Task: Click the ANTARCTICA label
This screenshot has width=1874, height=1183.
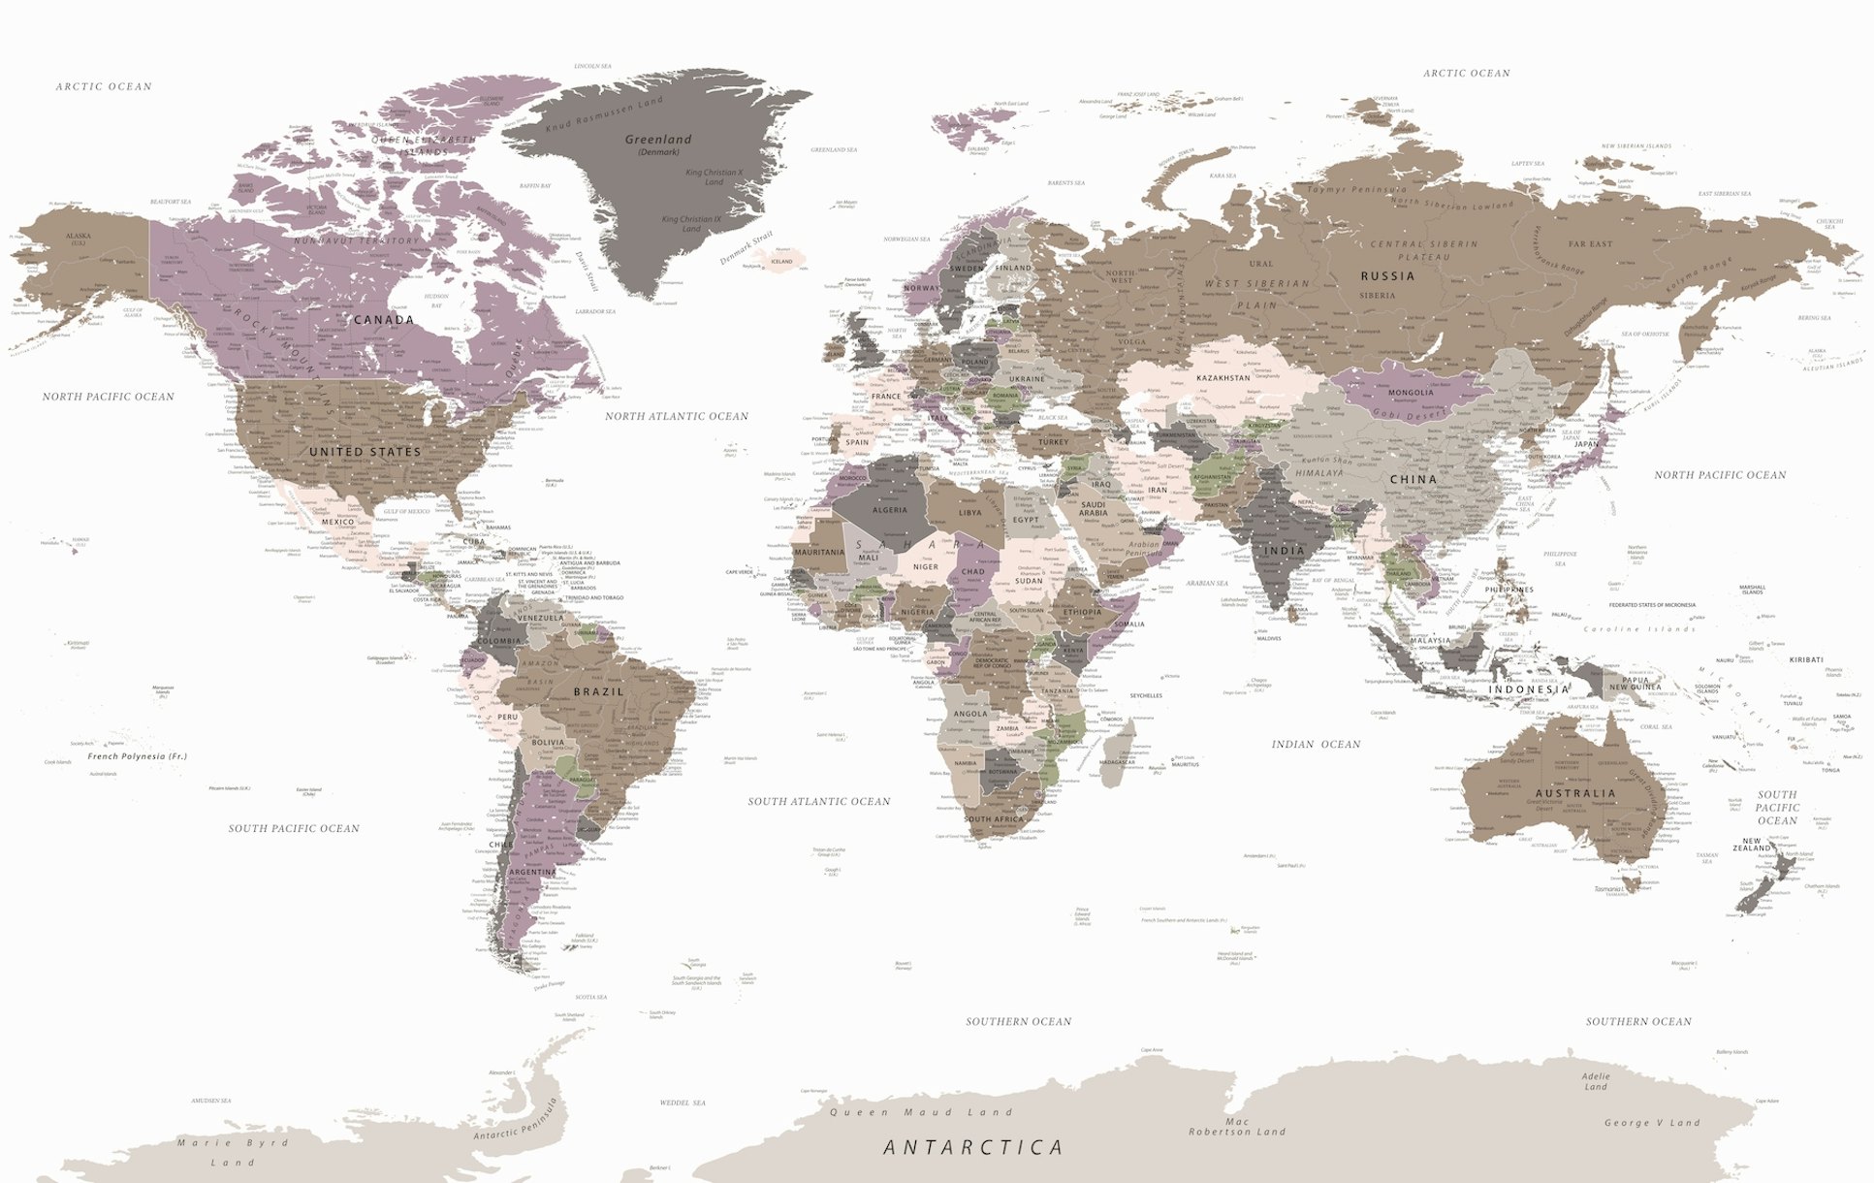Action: click(x=973, y=1148)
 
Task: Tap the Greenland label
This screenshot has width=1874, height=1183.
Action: click(x=658, y=140)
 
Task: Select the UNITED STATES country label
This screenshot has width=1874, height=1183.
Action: click(x=365, y=452)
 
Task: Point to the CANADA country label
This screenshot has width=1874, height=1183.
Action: click(x=384, y=320)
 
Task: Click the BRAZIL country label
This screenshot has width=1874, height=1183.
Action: click(x=598, y=692)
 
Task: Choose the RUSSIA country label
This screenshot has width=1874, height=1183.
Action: click(x=1387, y=276)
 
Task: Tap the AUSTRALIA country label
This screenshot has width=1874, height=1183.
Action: click(x=1575, y=793)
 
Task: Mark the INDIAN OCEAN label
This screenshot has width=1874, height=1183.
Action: click(x=1316, y=745)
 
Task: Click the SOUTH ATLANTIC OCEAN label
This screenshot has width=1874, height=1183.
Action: click(x=818, y=802)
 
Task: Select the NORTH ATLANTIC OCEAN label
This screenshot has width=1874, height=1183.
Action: click(x=677, y=417)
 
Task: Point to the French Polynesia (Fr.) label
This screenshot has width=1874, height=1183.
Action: click(x=137, y=756)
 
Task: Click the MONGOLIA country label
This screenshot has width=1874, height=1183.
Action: click(x=1411, y=393)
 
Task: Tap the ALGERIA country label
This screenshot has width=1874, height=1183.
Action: click(x=890, y=510)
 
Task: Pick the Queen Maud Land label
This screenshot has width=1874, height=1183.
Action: click(x=920, y=1113)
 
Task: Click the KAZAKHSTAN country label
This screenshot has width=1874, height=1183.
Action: click(x=1223, y=378)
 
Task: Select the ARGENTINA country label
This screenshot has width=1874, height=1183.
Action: click(x=532, y=873)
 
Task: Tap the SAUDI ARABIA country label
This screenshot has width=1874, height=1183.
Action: click(x=1093, y=509)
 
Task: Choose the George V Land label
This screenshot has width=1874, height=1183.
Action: click(x=1652, y=1123)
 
